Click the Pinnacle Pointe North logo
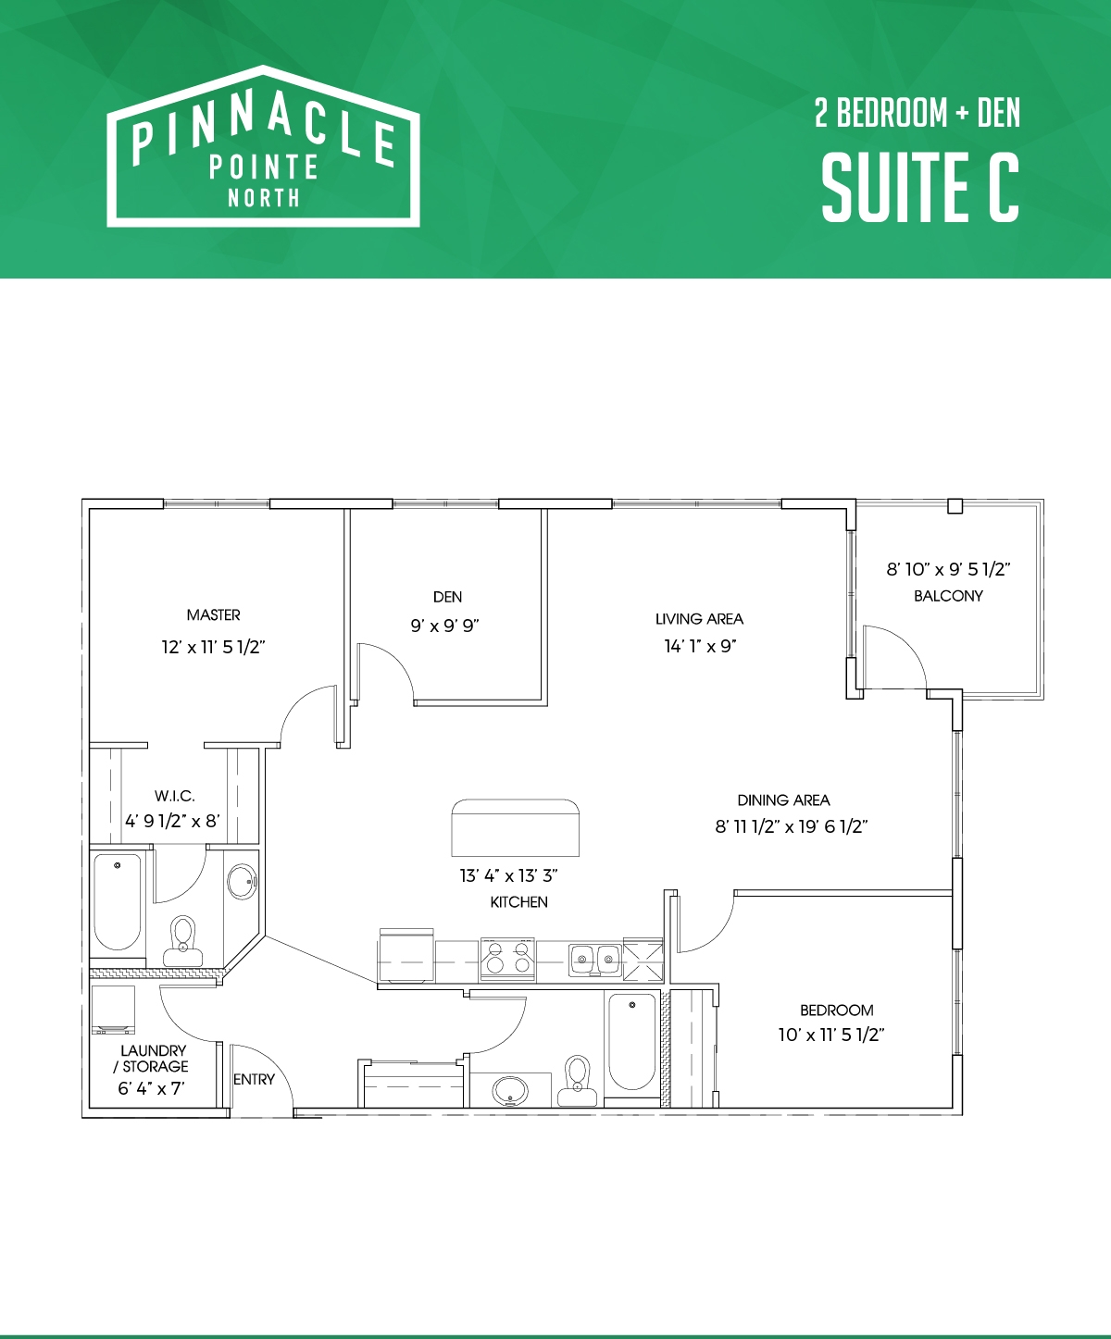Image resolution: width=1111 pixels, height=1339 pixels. (263, 146)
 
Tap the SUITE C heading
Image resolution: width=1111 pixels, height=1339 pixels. (920, 188)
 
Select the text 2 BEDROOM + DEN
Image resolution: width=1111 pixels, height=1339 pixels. (918, 113)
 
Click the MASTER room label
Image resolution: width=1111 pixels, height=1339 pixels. (213, 615)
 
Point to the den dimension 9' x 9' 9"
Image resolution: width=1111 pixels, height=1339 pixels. (444, 626)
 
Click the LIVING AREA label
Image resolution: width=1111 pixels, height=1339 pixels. (699, 619)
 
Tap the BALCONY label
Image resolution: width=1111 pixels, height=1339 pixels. (948, 596)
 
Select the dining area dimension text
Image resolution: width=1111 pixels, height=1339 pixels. (792, 826)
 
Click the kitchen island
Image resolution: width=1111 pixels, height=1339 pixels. (516, 827)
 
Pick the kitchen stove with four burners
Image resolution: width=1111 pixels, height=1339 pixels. (507, 959)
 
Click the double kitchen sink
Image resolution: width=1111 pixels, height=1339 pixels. (595, 960)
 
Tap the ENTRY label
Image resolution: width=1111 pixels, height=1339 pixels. (255, 1079)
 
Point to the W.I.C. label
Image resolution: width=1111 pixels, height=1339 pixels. (175, 796)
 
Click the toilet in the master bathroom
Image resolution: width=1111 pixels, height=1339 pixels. (183, 941)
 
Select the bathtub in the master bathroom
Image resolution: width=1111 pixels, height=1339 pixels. (118, 901)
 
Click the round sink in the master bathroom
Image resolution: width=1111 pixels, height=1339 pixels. (242, 882)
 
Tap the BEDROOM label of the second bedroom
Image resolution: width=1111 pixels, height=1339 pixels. (836, 1010)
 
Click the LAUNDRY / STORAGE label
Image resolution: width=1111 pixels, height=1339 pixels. (152, 1058)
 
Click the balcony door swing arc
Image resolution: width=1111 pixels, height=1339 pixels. (908, 644)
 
